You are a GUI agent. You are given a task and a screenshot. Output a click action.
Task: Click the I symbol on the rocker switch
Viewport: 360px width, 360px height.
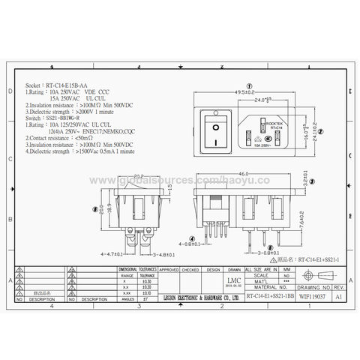(x=217, y=140)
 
